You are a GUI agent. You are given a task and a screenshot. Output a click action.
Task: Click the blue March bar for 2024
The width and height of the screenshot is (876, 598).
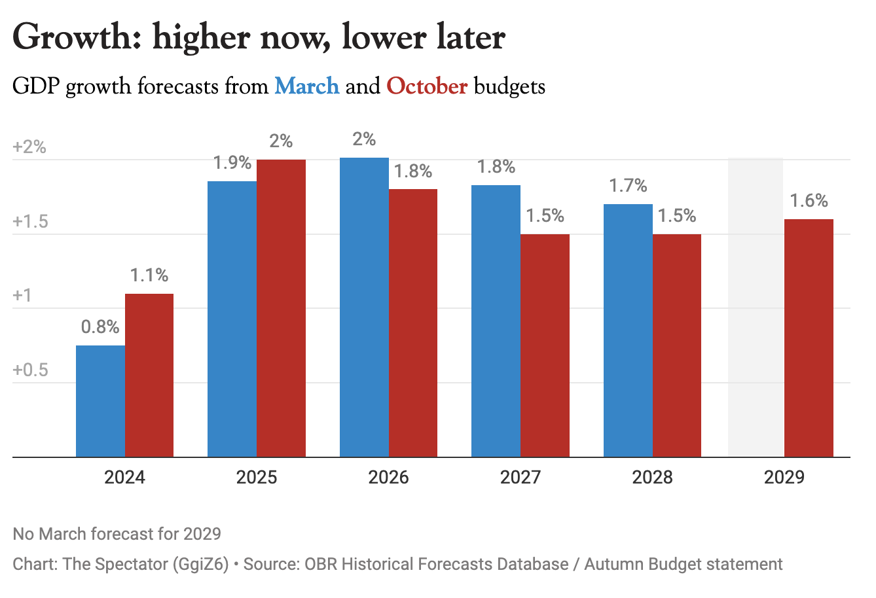coord(100,400)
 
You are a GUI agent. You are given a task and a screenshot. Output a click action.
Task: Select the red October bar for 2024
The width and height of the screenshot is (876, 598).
coord(149,375)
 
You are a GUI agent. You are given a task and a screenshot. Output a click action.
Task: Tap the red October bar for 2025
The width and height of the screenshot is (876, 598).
coord(281,308)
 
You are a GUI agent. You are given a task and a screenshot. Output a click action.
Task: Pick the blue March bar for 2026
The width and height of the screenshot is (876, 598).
coord(364,307)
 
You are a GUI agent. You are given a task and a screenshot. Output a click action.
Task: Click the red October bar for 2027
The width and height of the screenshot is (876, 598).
coord(545,345)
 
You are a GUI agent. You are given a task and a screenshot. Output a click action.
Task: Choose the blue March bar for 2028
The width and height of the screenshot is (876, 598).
coord(628,330)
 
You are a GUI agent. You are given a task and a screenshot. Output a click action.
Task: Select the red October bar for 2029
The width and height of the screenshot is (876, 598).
coord(809,338)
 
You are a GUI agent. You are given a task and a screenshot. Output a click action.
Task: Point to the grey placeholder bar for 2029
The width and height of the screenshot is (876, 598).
coord(756,307)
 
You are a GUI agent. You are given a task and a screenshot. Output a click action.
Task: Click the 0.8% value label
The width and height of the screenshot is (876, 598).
coord(100,326)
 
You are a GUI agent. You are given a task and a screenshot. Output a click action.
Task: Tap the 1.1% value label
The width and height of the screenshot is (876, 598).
coord(149,275)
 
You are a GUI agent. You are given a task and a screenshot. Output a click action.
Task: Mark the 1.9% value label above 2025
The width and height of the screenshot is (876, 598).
coord(232,162)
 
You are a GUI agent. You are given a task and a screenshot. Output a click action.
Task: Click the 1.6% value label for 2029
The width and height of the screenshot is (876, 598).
coord(809,200)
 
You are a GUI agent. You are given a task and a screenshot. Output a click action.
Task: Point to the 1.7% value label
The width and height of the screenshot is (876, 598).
coord(628,186)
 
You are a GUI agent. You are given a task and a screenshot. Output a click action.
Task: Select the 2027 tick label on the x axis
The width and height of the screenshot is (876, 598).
coord(520,477)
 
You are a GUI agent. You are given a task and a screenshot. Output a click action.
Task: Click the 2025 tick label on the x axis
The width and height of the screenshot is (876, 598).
coord(257,477)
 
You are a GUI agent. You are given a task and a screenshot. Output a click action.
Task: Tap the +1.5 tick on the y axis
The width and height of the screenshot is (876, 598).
coord(31,221)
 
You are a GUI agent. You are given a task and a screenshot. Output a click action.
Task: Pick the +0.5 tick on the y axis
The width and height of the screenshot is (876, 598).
coord(31,370)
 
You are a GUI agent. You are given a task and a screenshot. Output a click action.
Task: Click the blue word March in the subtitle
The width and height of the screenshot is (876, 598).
coord(306,86)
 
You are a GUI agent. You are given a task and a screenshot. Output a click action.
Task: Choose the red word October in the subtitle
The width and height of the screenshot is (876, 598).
coord(427,86)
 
